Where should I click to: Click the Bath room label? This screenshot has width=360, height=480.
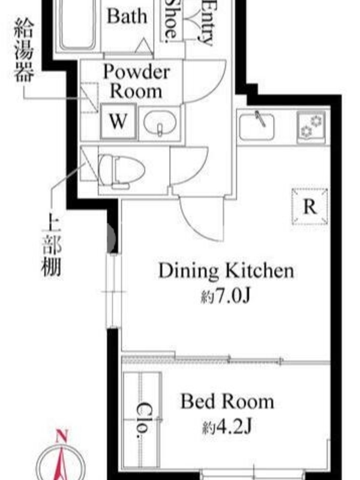(x=127, y=16)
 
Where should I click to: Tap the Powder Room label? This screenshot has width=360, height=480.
(x=136, y=82)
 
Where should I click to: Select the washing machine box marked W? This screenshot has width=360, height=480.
(x=118, y=121)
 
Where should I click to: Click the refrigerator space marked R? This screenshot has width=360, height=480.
(x=310, y=206)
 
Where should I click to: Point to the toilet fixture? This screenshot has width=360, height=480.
(x=121, y=170)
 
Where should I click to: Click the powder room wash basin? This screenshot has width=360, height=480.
(x=160, y=122)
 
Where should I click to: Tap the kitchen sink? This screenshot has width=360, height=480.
(x=257, y=126)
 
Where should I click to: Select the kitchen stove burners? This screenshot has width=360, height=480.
(x=311, y=127)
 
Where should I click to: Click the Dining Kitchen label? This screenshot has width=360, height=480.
(x=226, y=271)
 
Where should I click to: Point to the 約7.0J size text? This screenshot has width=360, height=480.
(x=226, y=296)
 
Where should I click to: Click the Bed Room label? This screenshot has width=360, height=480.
(x=227, y=401)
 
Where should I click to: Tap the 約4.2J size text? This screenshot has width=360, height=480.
(x=227, y=427)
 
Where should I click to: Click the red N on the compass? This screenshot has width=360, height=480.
(x=62, y=436)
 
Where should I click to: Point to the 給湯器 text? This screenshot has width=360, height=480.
(x=23, y=49)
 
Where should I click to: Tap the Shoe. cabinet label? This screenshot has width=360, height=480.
(x=172, y=20)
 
